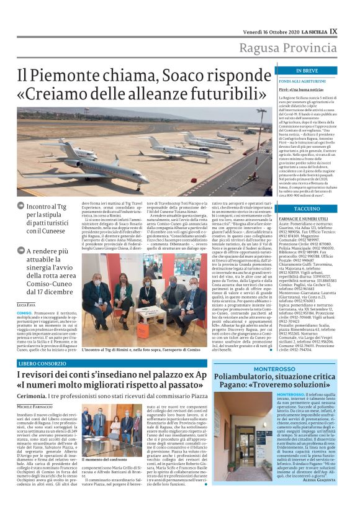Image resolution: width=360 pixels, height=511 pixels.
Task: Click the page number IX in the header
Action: point(333,30)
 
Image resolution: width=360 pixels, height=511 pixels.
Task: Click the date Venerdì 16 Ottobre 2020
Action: point(263,30)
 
